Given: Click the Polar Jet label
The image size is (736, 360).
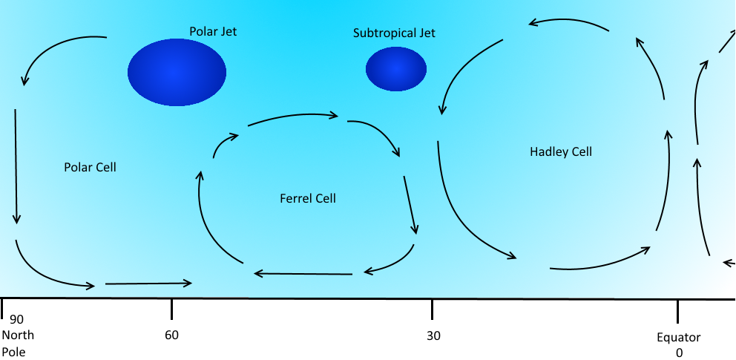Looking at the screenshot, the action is (x=213, y=31).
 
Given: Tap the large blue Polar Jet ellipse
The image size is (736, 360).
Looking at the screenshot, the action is (x=177, y=72).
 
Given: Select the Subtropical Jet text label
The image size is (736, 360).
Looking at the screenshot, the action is (x=394, y=33).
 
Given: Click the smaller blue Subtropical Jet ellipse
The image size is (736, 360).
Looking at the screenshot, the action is (x=396, y=68).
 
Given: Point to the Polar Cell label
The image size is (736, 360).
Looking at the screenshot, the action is (x=90, y=167).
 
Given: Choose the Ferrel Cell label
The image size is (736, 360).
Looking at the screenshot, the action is (x=308, y=198).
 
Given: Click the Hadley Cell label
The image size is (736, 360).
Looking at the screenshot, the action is (x=561, y=152).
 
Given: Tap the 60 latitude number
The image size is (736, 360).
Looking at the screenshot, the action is (x=172, y=335).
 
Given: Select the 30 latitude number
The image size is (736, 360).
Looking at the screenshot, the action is (x=434, y=336).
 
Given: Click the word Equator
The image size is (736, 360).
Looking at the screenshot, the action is (x=679, y=338).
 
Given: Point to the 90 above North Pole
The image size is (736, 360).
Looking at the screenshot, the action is (x=16, y=320).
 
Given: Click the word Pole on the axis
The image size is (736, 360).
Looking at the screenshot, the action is (x=14, y=352).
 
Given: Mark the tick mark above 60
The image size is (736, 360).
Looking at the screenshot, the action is (x=172, y=309).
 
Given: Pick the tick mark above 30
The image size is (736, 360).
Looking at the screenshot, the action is (x=433, y=309).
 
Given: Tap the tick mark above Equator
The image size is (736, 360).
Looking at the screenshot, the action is (x=677, y=311).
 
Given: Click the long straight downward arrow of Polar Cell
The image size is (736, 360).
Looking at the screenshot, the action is (x=16, y=166).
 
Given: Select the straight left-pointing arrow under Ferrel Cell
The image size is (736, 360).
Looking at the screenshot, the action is (x=303, y=274).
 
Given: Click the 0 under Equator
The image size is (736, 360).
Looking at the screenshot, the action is (x=679, y=353).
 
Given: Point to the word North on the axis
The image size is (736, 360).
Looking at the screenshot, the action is (x=19, y=336).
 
